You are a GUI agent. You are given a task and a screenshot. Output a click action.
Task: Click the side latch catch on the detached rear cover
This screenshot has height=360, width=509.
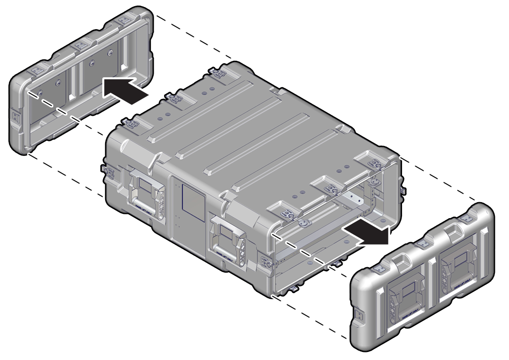coord(16,117)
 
